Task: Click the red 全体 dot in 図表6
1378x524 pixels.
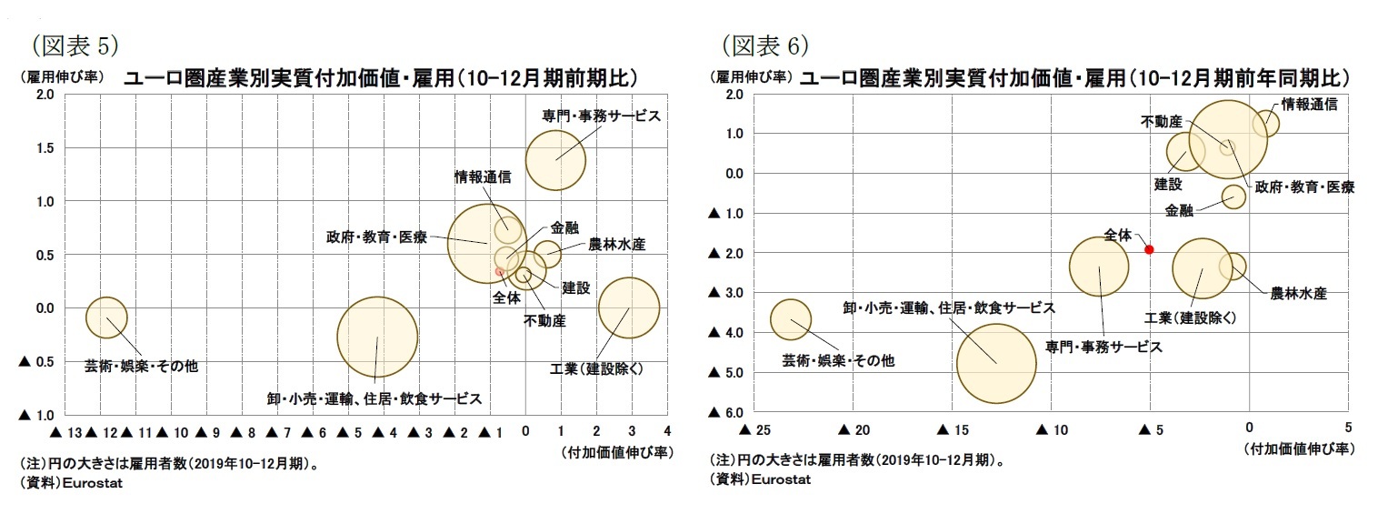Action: pos(1149,249)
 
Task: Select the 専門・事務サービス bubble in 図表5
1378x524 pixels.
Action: pos(555,159)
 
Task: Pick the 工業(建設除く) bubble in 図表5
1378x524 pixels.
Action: pos(628,308)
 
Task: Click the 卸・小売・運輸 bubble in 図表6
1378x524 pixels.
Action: pos(996,363)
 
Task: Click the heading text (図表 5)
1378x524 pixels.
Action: pos(75,44)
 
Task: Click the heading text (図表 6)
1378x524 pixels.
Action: pos(764,44)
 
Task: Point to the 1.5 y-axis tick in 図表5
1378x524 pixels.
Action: pos(44,148)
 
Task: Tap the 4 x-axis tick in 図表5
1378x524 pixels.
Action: pos(667,430)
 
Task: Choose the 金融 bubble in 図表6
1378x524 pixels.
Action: pos(1233,196)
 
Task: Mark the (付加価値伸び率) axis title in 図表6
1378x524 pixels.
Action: pos(1299,448)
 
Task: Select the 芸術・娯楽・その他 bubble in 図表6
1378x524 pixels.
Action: pos(791,320)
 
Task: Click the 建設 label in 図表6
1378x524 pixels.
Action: pos(1168,184)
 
